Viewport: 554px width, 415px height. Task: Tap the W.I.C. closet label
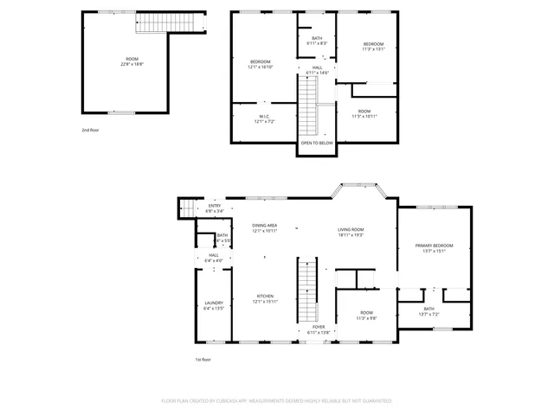[x=264, y=119]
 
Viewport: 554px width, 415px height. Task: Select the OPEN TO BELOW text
[x=316, y=143]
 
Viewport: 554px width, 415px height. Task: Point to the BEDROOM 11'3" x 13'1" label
[x=373, y=46]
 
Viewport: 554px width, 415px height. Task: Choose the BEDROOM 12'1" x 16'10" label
[x=261, y=64]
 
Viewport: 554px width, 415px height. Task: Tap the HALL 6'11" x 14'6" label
[x=317, y=70]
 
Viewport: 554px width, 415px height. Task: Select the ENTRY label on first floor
[x=215, y=208]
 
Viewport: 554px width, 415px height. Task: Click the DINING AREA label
[x=264, y=228]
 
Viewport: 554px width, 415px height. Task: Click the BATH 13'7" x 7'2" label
[x=429, y=311]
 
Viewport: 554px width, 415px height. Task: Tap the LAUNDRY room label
[x=214, y=305]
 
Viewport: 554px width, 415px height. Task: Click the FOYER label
[x=318, y=329]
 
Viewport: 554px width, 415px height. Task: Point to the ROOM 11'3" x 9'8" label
[x=367, y=315]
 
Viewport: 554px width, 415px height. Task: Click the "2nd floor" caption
[x=90, y=129]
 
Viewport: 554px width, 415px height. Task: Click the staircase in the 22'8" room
[x=153, y=23]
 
